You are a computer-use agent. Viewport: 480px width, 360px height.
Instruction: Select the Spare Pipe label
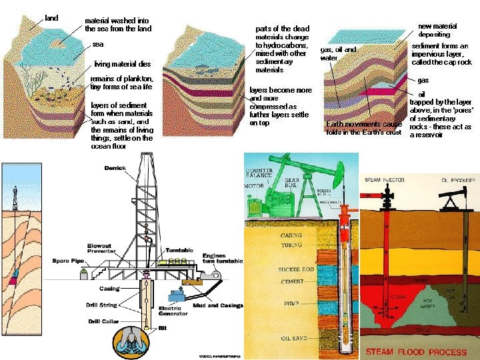(x=67, y=260)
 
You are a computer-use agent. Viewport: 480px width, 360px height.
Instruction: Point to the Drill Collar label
(x=104, y=321)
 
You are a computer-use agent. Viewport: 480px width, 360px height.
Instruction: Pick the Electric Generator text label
(x=173, y=311)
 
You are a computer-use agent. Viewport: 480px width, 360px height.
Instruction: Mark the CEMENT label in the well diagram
(x=293, y=283)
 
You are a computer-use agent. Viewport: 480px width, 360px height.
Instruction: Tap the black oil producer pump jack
(x=453, y=197)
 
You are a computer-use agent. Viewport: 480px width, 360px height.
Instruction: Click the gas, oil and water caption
(x=338, y=53)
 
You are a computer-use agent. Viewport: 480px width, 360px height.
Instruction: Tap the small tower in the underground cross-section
(x=15, y=197)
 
